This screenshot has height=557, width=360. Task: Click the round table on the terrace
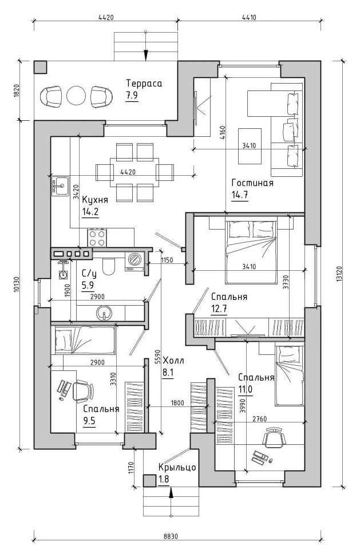point(76,96)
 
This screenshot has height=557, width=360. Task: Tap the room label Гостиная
point(252,183)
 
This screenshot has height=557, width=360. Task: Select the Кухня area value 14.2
point(90,212)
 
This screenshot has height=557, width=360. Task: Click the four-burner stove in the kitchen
point(97,238)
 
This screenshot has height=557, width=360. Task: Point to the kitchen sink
point(60,185)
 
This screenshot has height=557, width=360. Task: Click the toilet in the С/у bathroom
point(108,266)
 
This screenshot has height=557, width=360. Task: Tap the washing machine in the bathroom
point(134,262)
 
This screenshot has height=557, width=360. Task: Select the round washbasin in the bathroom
point(104,313)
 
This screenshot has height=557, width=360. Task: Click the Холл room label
point(173,361)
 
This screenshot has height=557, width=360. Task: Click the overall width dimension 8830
point(171,536)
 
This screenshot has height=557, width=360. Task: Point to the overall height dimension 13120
point(340,274)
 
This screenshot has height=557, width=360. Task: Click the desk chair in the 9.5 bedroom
point(84,391)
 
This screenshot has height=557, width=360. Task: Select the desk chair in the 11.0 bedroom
point(274,437)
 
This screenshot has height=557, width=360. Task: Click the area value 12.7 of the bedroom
point(219,309)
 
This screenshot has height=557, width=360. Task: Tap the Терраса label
point(144,84)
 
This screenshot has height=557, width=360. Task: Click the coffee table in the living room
point(250,146)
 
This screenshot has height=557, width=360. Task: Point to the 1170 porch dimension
point(130,467)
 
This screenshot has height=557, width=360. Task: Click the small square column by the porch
point(149,481)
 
